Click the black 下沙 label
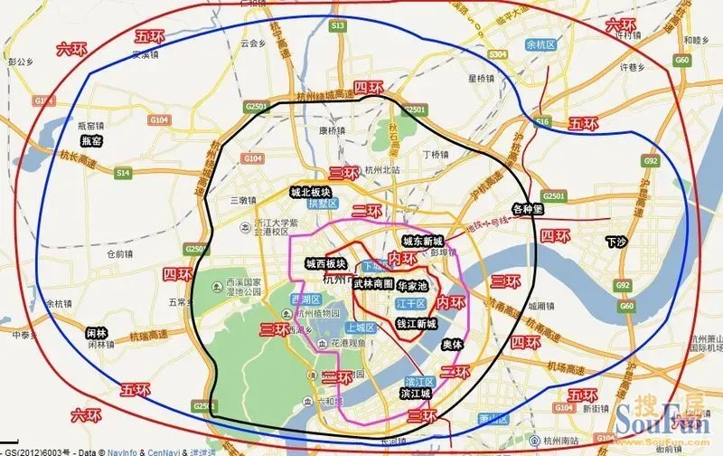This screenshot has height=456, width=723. (616, 242)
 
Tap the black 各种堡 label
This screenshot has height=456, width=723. (530, 207)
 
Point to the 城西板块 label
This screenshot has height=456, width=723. (323, 264)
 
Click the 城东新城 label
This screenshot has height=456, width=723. (422, 242)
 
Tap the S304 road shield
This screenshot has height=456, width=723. (498, 55)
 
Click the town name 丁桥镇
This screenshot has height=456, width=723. (437, 154)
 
